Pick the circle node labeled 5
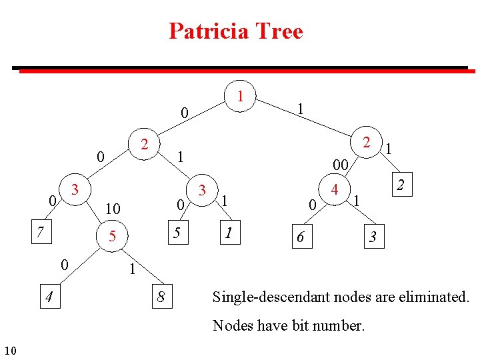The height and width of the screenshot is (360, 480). click(x=113, y=235)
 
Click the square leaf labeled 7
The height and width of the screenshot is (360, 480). click(x=41, y=232)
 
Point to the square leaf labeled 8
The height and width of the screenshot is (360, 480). click(x=161, y=296)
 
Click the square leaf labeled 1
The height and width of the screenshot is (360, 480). click(x=229, y=233)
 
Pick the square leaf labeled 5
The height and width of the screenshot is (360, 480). click(x=177, y=233)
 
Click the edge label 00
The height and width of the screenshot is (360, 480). click(x=340, y=164)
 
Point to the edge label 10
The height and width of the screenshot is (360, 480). click(x=113, y=209)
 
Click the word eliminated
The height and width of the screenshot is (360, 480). click(x=436, y=296)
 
